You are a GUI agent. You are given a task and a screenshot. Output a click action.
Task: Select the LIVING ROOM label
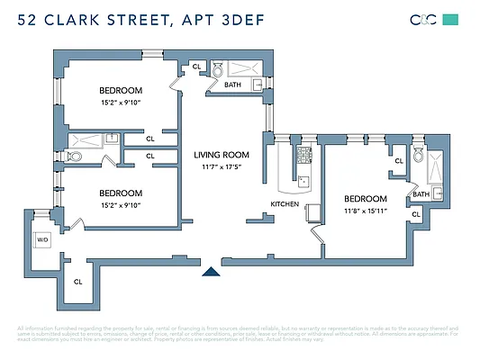[x=222, y=155]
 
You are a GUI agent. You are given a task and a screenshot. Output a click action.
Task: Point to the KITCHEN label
[x=285, y=204]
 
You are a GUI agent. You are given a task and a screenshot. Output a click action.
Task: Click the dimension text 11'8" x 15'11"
[x=365, y=212]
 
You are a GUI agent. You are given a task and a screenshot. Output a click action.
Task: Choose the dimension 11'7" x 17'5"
[x=222, y=167]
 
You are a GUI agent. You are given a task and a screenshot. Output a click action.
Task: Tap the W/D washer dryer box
[x=41, y=239]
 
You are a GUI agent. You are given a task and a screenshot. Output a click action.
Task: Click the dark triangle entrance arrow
[x=211, y=271]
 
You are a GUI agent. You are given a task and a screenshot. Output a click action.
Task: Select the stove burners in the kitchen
[x=303, y=154]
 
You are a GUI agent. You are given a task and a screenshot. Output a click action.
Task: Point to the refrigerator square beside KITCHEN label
[x=312, y=212]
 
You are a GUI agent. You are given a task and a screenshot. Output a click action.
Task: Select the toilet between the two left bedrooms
[x=76, y=156]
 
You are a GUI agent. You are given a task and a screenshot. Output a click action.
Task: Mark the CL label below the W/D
[x=77, y=281]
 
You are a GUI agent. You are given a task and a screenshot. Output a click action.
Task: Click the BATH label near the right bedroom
[x=421, y=193]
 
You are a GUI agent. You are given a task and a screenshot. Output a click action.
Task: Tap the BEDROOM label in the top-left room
[x=121, y=90]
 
